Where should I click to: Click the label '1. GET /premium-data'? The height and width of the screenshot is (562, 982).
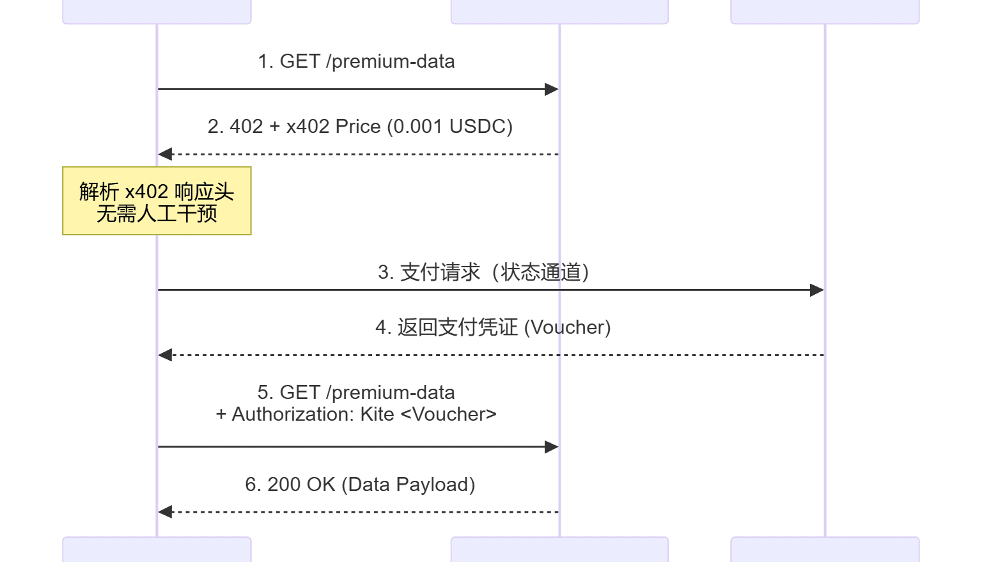click(x=356, y=61)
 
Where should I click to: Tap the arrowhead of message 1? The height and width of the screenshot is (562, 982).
click(x=552, y=90)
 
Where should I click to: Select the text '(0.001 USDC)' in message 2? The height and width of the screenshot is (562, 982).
click(x=449, y=127)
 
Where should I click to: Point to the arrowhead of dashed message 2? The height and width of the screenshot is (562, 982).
click(x=166, y=154)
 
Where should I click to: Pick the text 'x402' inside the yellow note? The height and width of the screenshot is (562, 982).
click(x=146, y=192)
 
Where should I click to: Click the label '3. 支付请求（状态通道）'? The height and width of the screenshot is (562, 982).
click(x=483, y=272)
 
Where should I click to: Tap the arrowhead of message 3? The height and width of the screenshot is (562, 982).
click(x=816, y=290)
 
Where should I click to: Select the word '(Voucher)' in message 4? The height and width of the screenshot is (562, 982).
click(x=567, y=327)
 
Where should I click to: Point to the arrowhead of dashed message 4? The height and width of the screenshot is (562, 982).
click(x=166, y=355)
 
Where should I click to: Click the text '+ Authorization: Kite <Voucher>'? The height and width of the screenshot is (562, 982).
click(x=356, y=414)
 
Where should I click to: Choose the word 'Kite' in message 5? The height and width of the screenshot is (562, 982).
click(x=377, y=414)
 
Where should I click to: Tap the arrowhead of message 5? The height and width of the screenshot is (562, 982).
click(x=552, y=447)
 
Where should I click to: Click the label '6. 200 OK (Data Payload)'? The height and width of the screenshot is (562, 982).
click(x=360, y=485)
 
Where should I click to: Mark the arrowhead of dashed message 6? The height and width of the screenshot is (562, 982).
click(x=166, y=511)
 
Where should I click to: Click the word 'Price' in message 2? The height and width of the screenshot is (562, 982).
click(x=358, y=127)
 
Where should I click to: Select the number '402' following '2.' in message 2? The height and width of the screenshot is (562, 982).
click(x=246, y=127)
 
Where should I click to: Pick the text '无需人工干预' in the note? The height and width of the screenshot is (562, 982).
click(x=157, y=214)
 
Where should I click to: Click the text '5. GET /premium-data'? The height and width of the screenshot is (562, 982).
click(x=356, y=393)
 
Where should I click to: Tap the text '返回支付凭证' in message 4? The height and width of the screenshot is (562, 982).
click(x=457, y=327)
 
